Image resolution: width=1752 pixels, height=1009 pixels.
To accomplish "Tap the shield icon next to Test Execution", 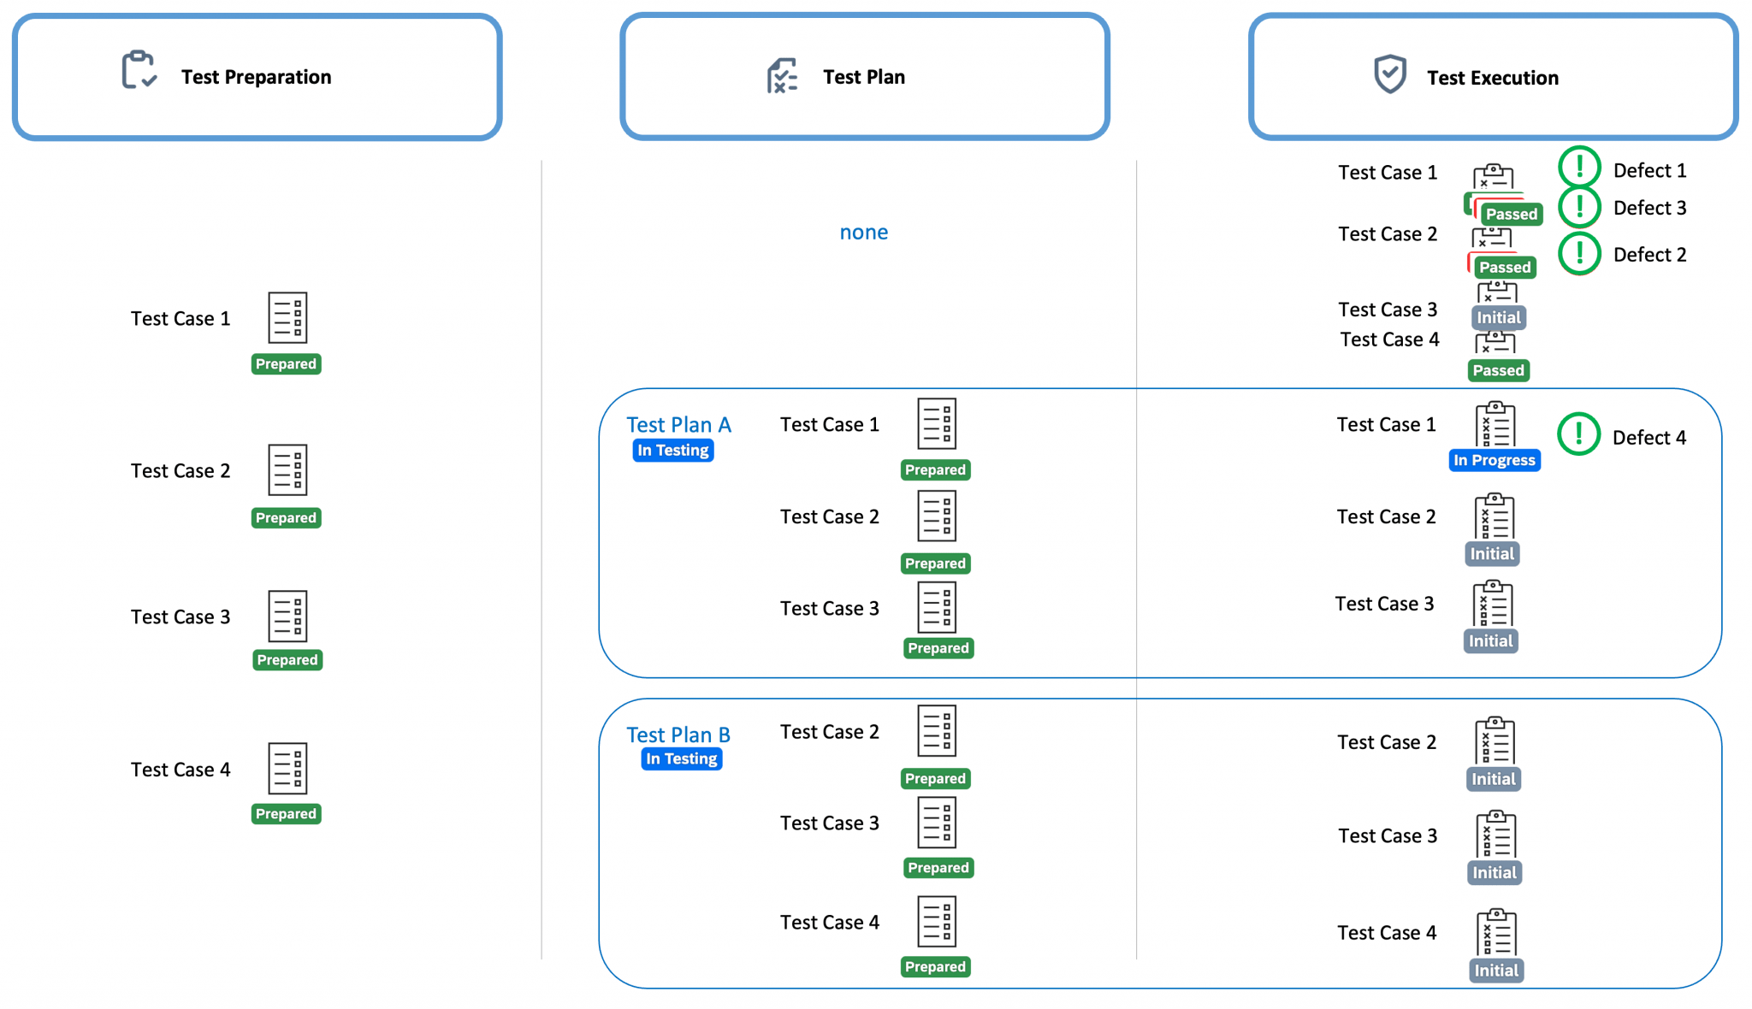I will pos(1389,74).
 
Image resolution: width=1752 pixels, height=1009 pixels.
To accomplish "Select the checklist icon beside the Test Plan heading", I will pos(782,76).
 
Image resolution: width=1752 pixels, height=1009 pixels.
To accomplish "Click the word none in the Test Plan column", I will pos(863,233).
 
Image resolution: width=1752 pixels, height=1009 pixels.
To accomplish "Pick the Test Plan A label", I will pos(678,425).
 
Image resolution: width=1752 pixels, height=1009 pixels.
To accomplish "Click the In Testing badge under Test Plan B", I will pos(681,758).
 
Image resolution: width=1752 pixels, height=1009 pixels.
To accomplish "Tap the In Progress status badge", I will pos(1494,460).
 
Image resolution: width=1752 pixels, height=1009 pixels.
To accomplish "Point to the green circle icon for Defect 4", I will pos(1578,434).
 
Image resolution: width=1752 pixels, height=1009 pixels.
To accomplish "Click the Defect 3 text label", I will pos(1649,209).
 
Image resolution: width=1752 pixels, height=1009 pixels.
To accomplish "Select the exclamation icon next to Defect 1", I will pos(1579,167).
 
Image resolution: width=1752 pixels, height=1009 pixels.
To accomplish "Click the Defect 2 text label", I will pos(1649,255).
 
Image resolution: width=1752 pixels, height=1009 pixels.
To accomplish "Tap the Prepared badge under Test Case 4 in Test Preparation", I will pos(286,814).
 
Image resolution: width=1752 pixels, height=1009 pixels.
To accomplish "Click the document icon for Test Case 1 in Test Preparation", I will pos(287,317).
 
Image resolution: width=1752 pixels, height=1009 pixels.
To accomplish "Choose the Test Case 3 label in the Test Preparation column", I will pos(181,617).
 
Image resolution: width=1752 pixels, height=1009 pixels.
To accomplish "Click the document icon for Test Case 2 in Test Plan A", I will pos(936,516).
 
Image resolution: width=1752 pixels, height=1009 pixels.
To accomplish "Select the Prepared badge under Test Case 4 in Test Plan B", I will pos(935,967).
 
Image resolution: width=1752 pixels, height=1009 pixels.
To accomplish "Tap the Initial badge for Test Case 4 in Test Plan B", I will pos(1495,971).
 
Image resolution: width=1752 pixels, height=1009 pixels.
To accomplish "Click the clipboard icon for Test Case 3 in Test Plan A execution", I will pos(1492,605).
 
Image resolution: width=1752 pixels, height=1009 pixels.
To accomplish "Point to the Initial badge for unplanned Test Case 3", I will pos(1498,318).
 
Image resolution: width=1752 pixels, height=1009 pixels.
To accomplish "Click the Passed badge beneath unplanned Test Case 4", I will pos(1498,371).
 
